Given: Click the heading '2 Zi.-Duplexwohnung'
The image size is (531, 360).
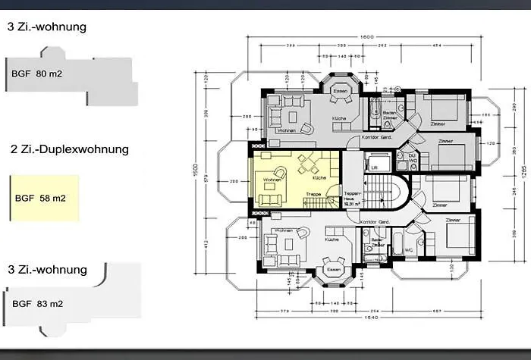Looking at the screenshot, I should pyautogui.click(x=69, y=149).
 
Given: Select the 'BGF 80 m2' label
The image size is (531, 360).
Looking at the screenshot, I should pyautogui.click(x=39, y=74).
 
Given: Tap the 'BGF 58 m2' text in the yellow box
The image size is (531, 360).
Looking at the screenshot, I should pyautogui.click(x=42, y=199).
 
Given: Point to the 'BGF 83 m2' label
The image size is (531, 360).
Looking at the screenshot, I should pyautogui.click(x=37, y=304).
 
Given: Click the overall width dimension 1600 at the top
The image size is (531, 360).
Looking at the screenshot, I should pyautogui.click(x=367, y=37).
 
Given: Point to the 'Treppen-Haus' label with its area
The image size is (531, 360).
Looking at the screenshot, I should pyautogui.click(x=350, y=197).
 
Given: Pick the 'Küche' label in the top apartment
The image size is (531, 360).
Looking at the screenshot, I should pyautogui.click(x=338, y=119).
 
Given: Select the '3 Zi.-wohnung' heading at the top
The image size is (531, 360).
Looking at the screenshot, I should pyautogui.click(x=47, y=27).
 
